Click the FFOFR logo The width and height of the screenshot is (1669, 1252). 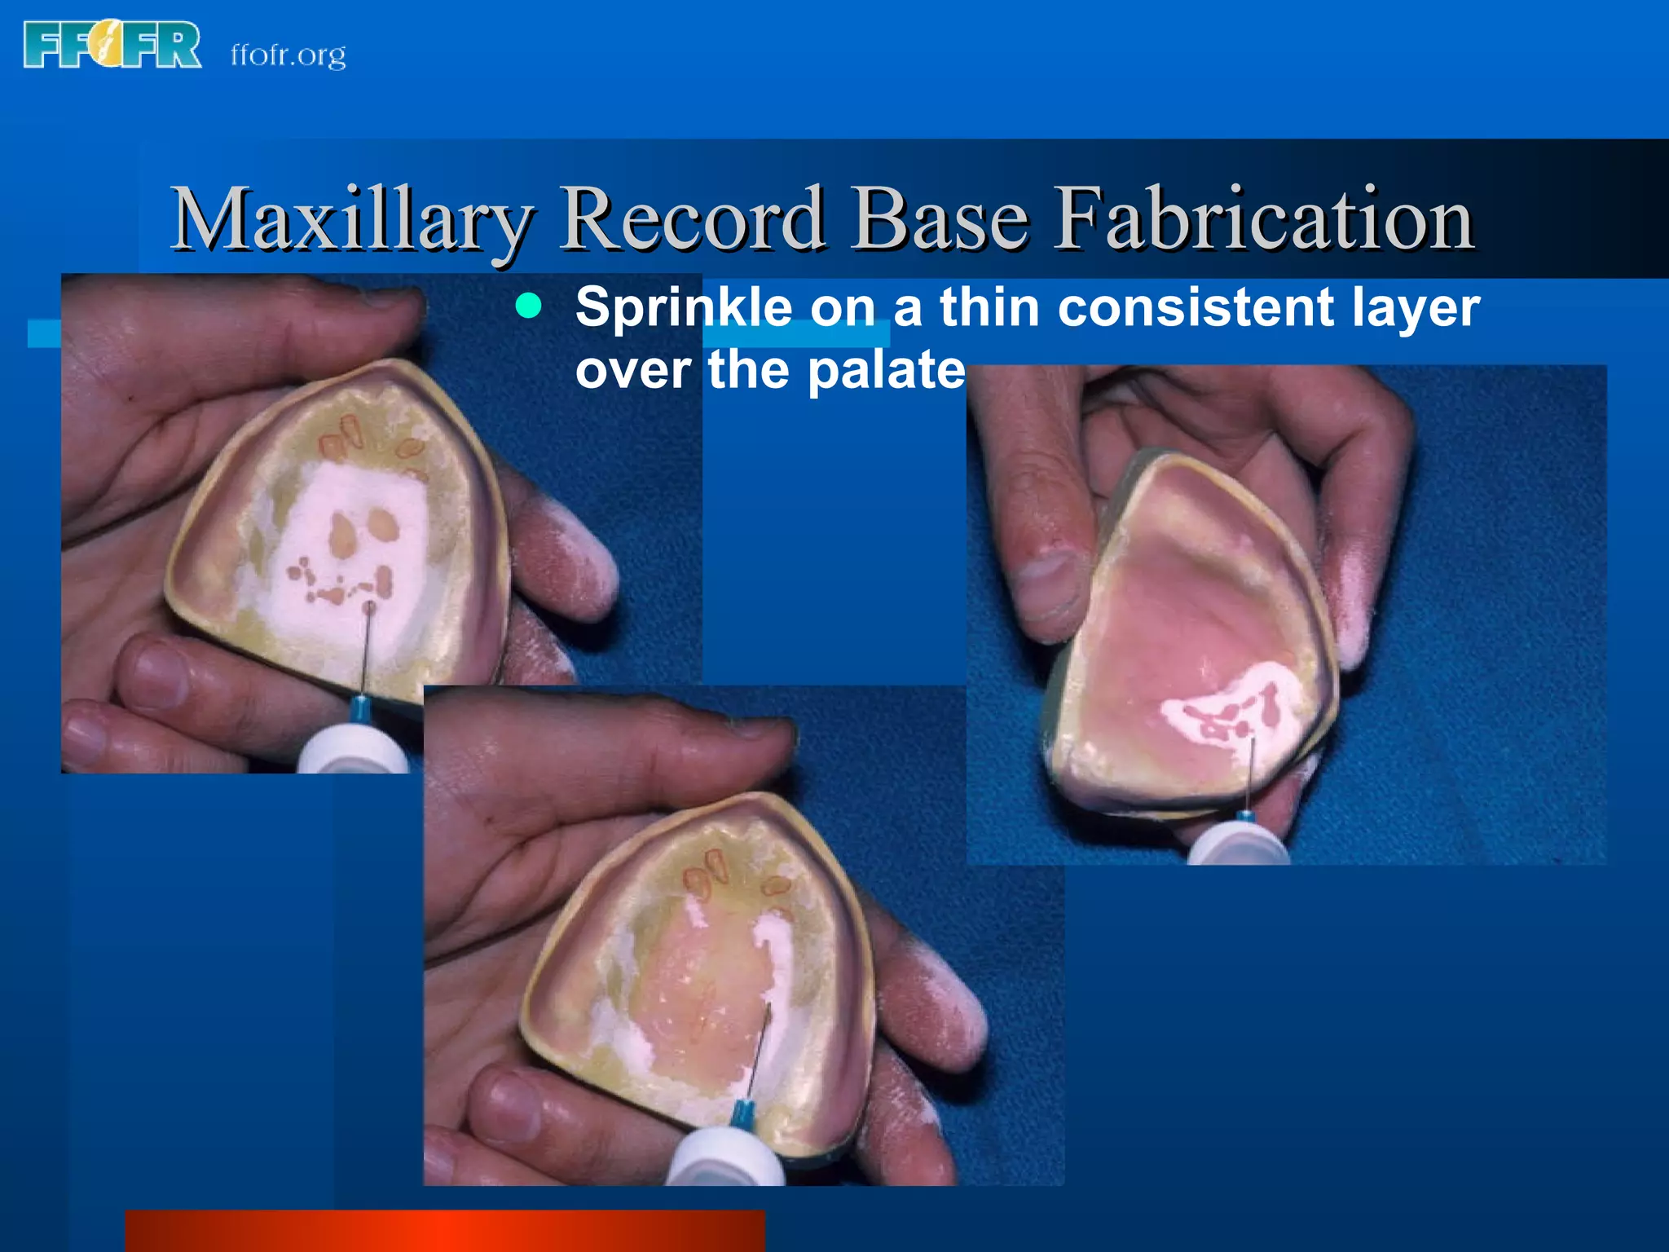[112, 46]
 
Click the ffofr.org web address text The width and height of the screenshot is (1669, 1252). [288, 55]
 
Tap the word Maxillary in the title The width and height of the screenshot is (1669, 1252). [351, 220]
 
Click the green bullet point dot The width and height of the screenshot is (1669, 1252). [529, 306]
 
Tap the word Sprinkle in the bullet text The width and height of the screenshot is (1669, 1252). [684, 307]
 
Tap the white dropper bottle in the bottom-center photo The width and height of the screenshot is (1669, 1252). [725, 1153]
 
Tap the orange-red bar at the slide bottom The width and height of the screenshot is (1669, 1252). [444, 1231]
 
